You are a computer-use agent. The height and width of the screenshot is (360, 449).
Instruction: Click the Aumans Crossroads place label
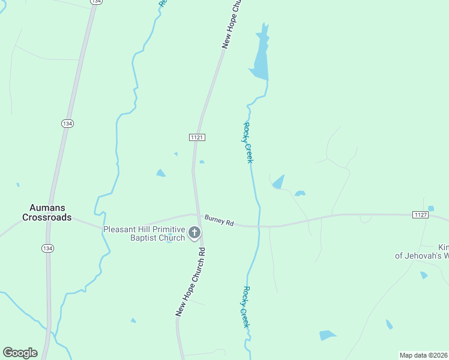click(x=47, y=212)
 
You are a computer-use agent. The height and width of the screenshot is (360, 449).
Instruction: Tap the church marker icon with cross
click(x=194, y=233)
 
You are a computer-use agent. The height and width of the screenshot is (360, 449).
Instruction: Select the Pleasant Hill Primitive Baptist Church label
click(x=144, y=233)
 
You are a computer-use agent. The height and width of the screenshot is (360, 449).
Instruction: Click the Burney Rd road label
click(x=218, y=220)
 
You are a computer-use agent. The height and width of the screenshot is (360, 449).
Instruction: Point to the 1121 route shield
click(x=197, y=137)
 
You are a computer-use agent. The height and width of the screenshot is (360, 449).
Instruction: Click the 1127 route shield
click(x=420, y=214)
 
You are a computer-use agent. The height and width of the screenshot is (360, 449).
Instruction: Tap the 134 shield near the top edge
click(x=96, y=2)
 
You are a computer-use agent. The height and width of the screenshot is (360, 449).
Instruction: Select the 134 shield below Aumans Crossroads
click(x=47, y=248)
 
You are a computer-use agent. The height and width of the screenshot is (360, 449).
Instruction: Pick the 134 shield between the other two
click(x=67, y=123)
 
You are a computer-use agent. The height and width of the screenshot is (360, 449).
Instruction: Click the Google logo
click(x=20, y=352)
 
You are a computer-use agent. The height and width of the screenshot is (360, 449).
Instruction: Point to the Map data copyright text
click(x=424, y=355)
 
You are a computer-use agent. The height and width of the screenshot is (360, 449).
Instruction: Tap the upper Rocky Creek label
click(x=249, y=142)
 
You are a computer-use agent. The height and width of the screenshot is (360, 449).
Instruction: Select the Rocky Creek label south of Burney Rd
click(x=245, y=306)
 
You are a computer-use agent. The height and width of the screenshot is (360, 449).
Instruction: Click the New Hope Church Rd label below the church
click(x=191, y=281)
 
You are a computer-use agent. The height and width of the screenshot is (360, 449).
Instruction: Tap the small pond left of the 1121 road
click(x=160, y=173)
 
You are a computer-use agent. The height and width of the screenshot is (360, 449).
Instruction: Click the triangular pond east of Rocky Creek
click(x=278, y=182)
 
